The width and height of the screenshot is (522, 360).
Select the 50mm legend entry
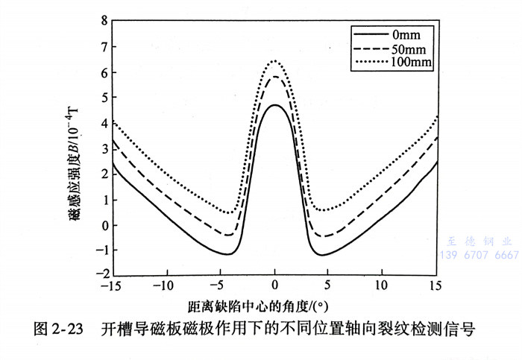(409, 48)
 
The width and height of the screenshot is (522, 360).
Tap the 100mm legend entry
(412, 60)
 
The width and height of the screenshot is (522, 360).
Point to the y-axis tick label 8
(104, 21)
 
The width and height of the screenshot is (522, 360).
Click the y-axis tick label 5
(104, 98)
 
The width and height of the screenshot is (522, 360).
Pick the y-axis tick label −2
(101, 277)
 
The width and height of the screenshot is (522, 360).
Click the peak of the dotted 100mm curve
(275, 61)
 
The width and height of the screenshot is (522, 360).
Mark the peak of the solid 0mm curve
(275, 105)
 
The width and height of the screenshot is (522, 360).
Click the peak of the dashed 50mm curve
(275, 77)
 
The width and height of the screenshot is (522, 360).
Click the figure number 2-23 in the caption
(69, 329)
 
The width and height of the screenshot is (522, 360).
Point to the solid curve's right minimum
(323, 255)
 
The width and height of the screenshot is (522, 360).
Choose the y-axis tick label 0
(104, 225)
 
